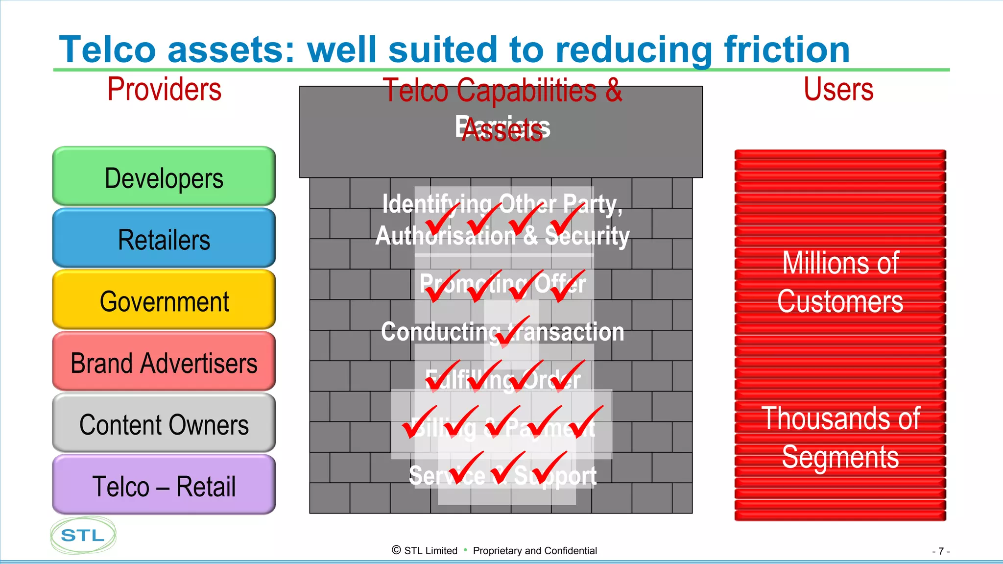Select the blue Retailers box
point(164,239)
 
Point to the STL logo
point(83,535)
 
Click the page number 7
point(941,551)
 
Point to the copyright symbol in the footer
point(396,550)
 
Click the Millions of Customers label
point(840,282)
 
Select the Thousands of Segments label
point(840,437)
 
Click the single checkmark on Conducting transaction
point(512,333)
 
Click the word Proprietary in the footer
point(497,551)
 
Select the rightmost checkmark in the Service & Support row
point(549,468)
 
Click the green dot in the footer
point(465,550)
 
